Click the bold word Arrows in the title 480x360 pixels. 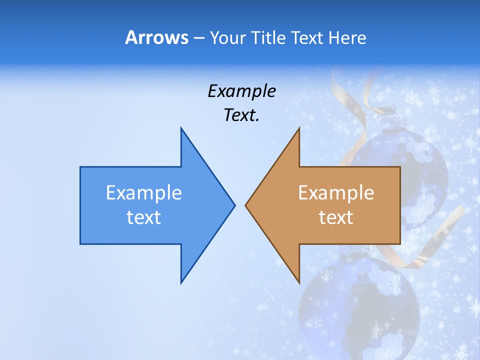(156, 38)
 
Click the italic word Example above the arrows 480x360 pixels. (241, 91)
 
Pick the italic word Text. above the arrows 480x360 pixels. (241, 115)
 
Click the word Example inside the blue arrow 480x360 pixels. (144, 193)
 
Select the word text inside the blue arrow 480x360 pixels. (144, 217)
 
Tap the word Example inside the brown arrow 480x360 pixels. (336, 193)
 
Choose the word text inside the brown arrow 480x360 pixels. (336, 217)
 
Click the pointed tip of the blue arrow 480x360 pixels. (234, 205)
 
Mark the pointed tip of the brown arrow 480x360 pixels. (245, 205)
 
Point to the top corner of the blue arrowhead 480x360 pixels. (181, 128)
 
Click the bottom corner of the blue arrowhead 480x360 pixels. (181, 283)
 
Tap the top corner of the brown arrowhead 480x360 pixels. (299, 128)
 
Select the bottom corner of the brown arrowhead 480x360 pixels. (299, 283)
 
